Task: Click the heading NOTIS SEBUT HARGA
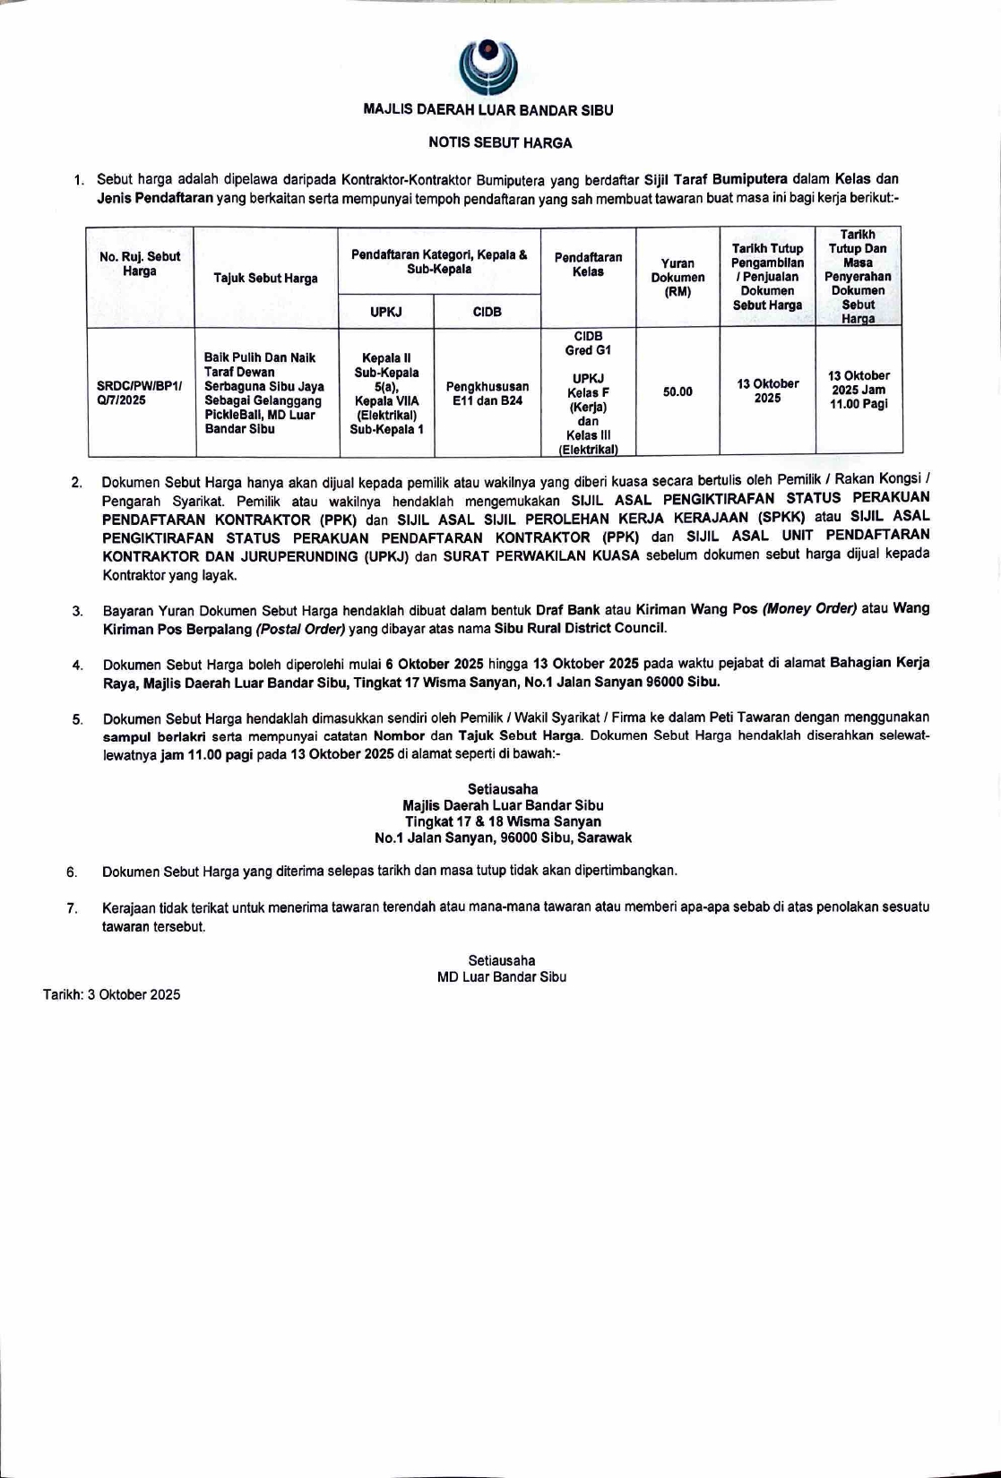click(500, 142)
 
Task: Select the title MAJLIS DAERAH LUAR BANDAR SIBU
click(488, 110)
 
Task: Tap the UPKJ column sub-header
click(386, 312)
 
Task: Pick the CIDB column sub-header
click(487, 312)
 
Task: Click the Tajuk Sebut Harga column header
click(265, 279)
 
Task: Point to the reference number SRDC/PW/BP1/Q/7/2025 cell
click(139, 393)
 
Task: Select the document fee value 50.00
click(677, 391)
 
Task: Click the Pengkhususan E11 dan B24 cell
click(487, 393)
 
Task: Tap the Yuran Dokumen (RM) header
click(677, 277)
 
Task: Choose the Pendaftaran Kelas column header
click(588, 264)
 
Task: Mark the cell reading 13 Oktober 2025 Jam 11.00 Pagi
click(859, 390)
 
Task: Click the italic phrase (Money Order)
click(809, 609)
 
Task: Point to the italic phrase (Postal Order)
click(300, 629)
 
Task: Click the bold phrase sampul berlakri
click(155, 736)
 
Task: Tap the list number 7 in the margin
click(72, 908)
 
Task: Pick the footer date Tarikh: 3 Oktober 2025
click(112, 994)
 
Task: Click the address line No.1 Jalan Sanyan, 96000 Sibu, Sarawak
click(503, 838)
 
